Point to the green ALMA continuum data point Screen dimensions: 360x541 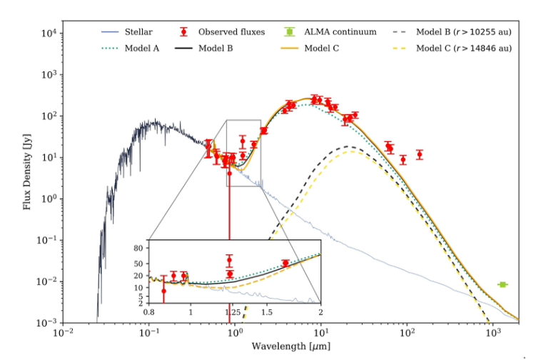pyautogui.click(x=502, y=284)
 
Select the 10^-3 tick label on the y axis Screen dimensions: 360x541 pyautogui.click(x=45, y=324)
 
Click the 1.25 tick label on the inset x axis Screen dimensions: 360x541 pyautogui.click(x=230, y=313)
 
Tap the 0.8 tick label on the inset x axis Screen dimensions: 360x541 pyautogui.click(x=148, y=313)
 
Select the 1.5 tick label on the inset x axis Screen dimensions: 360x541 pyautogui.click(x=267, y=313)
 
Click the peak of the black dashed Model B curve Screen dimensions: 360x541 pyautogui.click(x=348, y=146)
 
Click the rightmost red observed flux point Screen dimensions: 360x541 pyautogui.click(x=419, y=154)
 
